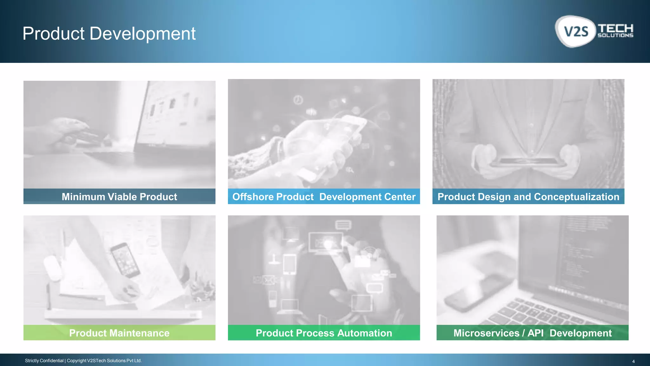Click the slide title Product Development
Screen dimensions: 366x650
pos(109,34)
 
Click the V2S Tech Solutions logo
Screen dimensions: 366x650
pos(594,31)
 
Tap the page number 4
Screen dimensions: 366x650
pos(633,361)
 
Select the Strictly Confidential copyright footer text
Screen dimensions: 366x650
pos(83,361)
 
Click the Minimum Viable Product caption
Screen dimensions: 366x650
pos(119,197)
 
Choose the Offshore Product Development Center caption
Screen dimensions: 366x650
pos(324,197)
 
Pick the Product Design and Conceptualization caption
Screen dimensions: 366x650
pos(528,197)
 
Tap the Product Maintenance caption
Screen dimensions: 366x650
pos(119,333)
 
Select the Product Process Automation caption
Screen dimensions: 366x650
pos(324,333)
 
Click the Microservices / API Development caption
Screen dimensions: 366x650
pos(532,333)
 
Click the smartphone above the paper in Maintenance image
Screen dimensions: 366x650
pos(125,260)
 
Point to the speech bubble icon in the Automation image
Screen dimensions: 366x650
pos(343,225)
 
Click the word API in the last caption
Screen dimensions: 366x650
pos(535,333)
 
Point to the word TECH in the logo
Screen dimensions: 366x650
pos(615,28)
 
